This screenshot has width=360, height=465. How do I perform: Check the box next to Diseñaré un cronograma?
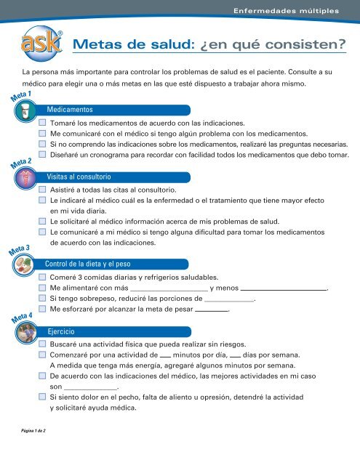click(x=43, y=155)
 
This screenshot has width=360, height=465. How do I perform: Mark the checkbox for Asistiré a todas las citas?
click(x=43, y=190)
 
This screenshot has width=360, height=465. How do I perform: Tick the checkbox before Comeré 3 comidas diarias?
click(x=43, y=278)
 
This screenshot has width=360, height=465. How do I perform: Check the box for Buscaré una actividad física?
click(x=43, y=346)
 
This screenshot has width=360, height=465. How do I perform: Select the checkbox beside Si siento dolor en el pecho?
click(x=43, y=397)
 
